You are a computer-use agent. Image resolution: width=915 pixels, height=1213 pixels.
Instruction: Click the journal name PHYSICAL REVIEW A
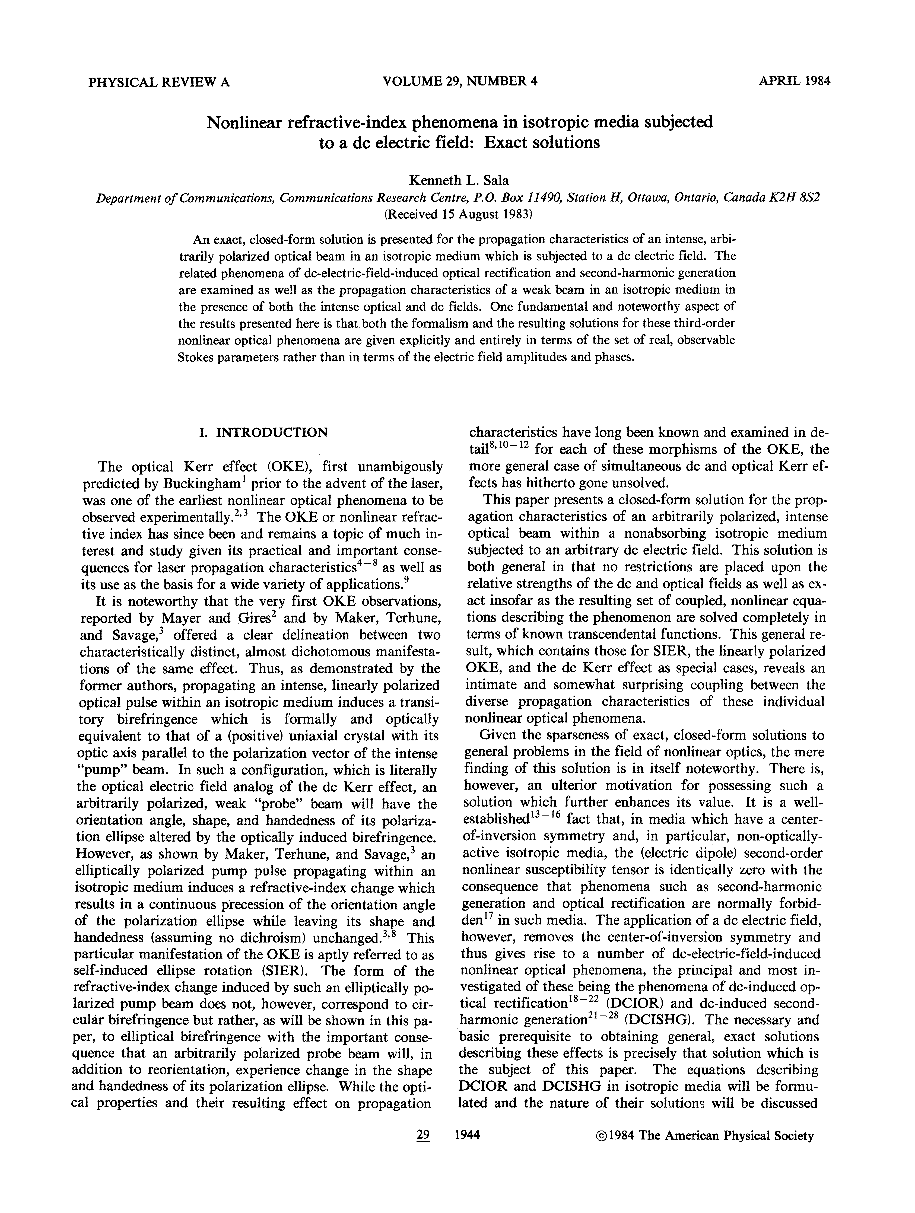click(x=159, y=82)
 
